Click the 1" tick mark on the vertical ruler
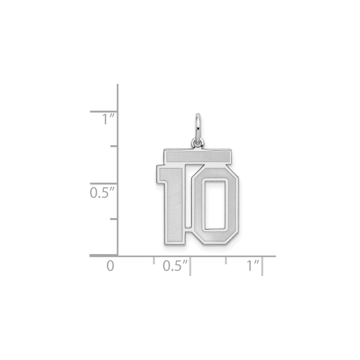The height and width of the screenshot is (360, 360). tap(104, 112)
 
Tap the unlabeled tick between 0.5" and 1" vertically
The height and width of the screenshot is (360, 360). tap(114, 146)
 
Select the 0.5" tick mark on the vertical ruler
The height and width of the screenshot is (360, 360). tap(104, 184)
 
